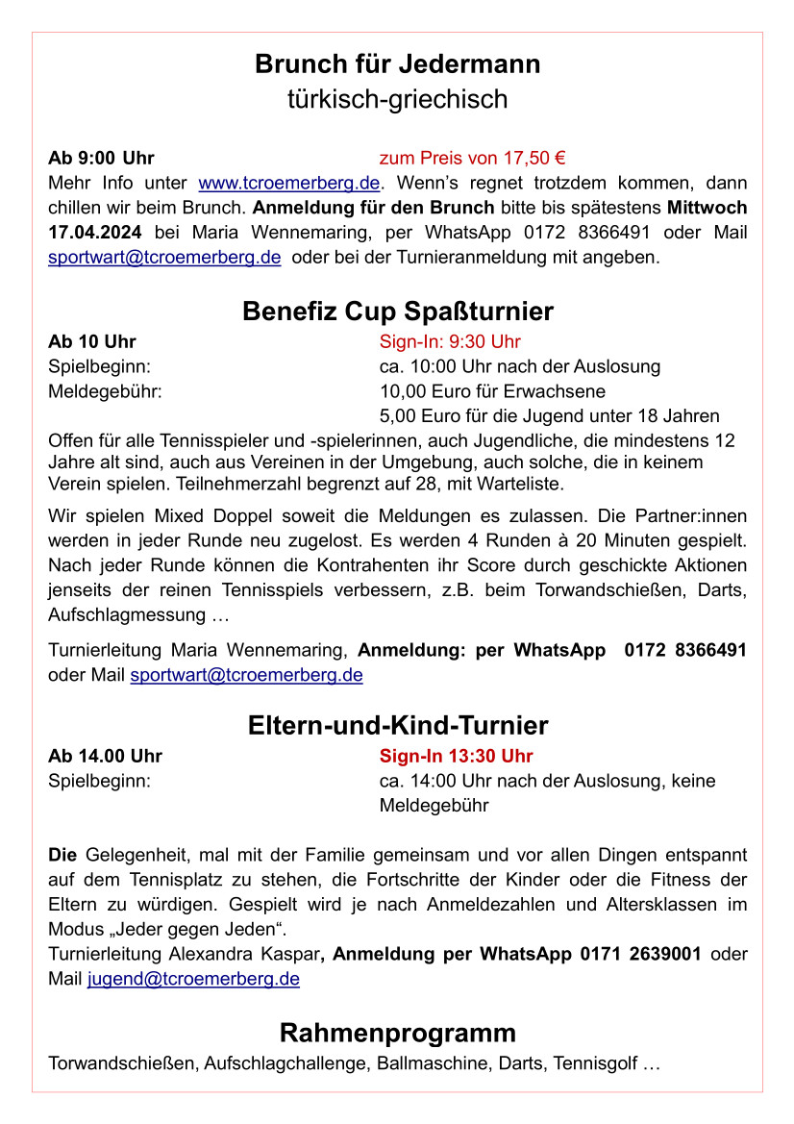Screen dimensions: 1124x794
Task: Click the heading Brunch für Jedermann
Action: point(397,64)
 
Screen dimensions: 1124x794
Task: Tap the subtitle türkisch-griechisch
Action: point(397,99)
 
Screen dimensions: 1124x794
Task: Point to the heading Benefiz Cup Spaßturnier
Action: point(397,312)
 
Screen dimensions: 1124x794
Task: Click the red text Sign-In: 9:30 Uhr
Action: point(450,341)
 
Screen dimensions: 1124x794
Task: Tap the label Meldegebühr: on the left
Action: point(105,391)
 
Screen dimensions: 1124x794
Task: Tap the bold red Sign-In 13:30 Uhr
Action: point(456,756)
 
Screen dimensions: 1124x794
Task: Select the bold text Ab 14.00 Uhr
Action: point(105,756)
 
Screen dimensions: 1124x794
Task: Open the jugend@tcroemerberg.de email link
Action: point(193,979)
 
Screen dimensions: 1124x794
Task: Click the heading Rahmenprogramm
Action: point(397,1033)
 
